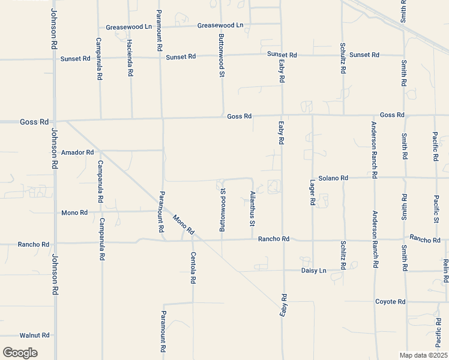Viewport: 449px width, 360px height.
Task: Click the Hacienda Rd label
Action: [x=130, y=58]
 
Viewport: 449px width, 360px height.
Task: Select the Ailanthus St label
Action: [x=252, y=209]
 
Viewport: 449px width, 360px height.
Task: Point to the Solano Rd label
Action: [x=333, y=178]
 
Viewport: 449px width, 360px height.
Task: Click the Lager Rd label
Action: [x=312, y=193]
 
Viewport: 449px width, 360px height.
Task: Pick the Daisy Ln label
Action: [x=313, y=271]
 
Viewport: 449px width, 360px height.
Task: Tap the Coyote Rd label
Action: [x=390, y=302]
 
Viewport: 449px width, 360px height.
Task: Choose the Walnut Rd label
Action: [x=34, y=336]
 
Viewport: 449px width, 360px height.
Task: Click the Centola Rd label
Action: [x=193, y=268]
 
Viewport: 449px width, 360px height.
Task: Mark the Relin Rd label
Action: [x=446, y=271]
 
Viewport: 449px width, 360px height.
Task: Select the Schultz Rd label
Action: [x=342, y=58]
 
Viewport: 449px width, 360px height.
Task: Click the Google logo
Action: [x=20, y=352]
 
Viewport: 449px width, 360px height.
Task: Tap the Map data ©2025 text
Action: [x=423, y=355]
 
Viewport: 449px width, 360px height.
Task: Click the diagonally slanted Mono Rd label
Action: [x=184, y=224]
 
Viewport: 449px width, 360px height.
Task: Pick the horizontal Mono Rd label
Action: [x=74, y=212]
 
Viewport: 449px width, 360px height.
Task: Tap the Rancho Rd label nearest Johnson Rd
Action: [x=34, y=244]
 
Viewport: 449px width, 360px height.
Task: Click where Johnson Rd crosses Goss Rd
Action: [x=54, y=121]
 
